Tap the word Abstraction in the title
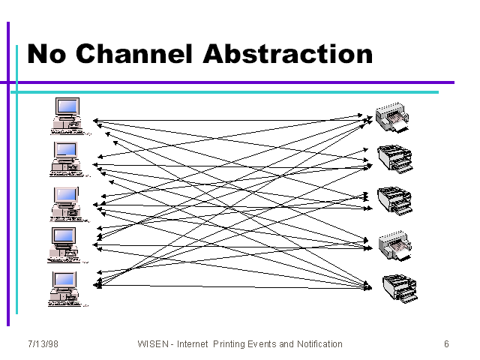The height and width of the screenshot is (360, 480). pyautogui.click(x=288, y=54)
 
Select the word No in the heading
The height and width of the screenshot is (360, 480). pyautogui.click(x=46, y=54)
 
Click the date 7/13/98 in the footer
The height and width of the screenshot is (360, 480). pyautogui.click(x=43, y=344)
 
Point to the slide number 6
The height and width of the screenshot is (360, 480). pyautogui.click(x=447, y=344)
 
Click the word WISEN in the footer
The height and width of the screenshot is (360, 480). pyautogui.click(x=153, y=344)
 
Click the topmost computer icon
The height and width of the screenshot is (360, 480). pyautogui.click(x=68, y=116)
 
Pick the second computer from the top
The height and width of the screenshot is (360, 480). pyautogui.click(x=68, y=159)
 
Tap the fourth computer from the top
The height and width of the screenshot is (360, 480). pyautogui.click(x=66, y=245)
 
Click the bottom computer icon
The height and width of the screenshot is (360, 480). pyautogui.click(x=67, y=289)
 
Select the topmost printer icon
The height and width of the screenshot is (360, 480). pyautogui.click(x=392, y=118)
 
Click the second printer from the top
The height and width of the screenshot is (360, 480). pyautogui.click(x=395, y=159)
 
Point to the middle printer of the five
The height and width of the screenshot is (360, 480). pyautogui.click(x=395, y=201)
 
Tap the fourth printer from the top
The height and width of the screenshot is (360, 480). pyautogui.click(x=395, y=246)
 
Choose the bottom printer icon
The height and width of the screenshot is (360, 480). pyautogui.click(x=400, y=288)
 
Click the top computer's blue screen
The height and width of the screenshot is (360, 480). pyautogui.click(x=67, y=106)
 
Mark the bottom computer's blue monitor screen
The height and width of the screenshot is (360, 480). pyautogui.click(x=64, y=280)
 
